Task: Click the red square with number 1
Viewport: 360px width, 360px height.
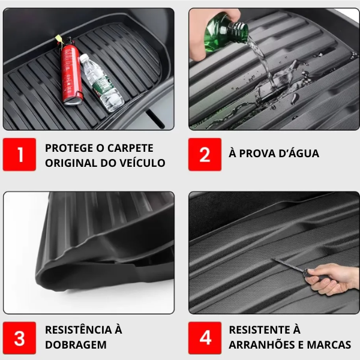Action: [x=20, y=155]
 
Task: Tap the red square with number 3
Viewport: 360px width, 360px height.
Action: [x=20, y=337]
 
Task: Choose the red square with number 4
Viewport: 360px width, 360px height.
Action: [x=205, y=337]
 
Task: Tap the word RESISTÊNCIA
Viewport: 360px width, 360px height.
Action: [x=78, y=329]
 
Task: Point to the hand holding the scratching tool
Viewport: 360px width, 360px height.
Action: [x=334, y=278]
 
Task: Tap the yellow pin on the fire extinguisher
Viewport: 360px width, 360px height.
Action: [x=59, y=39]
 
